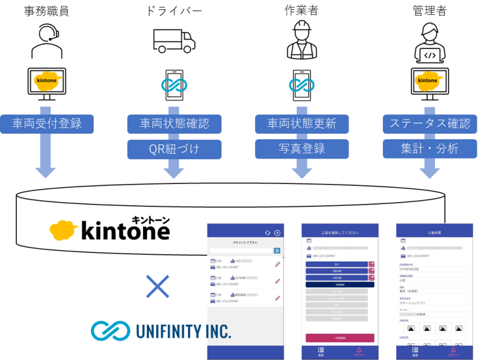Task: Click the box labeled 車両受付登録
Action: [47, 124]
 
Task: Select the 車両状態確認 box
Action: [174, 124]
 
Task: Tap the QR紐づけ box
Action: [174, 149]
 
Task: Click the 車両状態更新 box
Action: [302, 124]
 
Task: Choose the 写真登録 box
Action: [302, 149]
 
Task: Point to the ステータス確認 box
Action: [429, 124]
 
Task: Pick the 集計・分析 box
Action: [429, 149]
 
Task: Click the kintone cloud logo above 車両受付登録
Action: [48, 81]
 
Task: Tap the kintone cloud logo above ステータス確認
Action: [429, 81]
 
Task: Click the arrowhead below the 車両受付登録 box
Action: [45, 170]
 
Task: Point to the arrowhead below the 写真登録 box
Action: [302, 170]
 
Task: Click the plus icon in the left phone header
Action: [278, 233]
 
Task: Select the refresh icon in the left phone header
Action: [268, 233]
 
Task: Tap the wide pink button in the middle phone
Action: [340, 338]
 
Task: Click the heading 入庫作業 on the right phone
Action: [434, 233]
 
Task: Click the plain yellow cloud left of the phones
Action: [65, 229]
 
